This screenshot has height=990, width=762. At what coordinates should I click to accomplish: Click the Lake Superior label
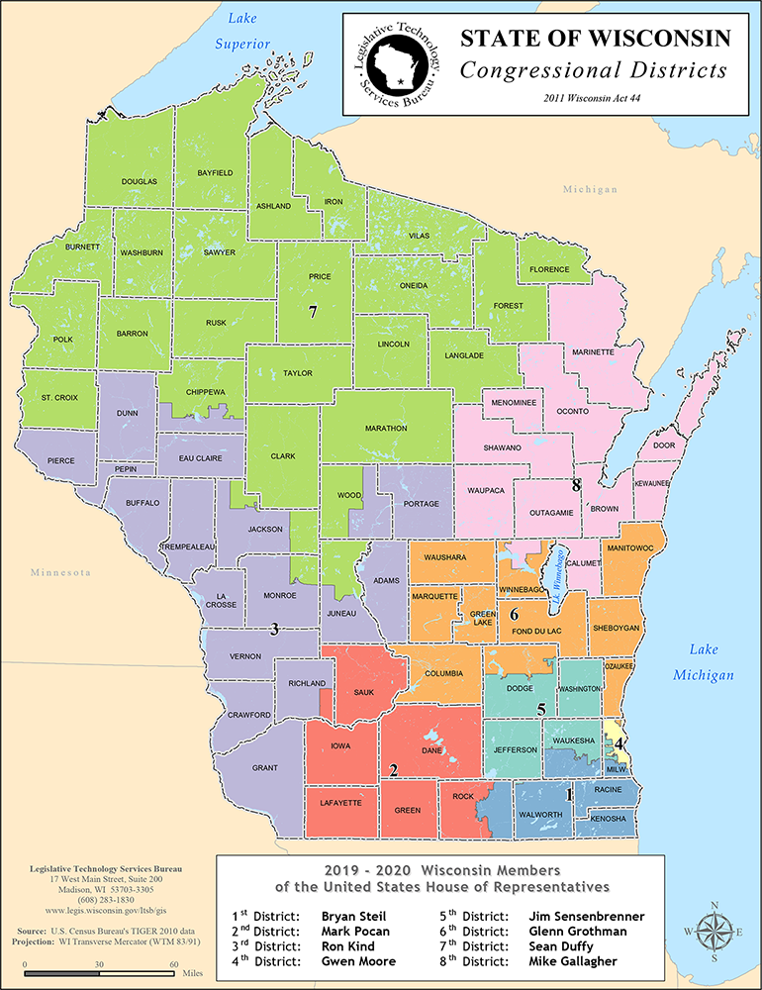click(x=247, y=31)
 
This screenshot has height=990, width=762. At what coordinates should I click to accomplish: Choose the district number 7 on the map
click(x=312, y=312)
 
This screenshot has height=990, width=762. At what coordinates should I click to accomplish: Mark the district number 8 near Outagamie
click(x=576, y=485)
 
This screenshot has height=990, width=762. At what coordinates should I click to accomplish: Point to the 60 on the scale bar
click(x=173, y=962)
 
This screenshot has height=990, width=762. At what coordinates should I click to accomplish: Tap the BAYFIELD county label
click(x=215, y=173)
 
